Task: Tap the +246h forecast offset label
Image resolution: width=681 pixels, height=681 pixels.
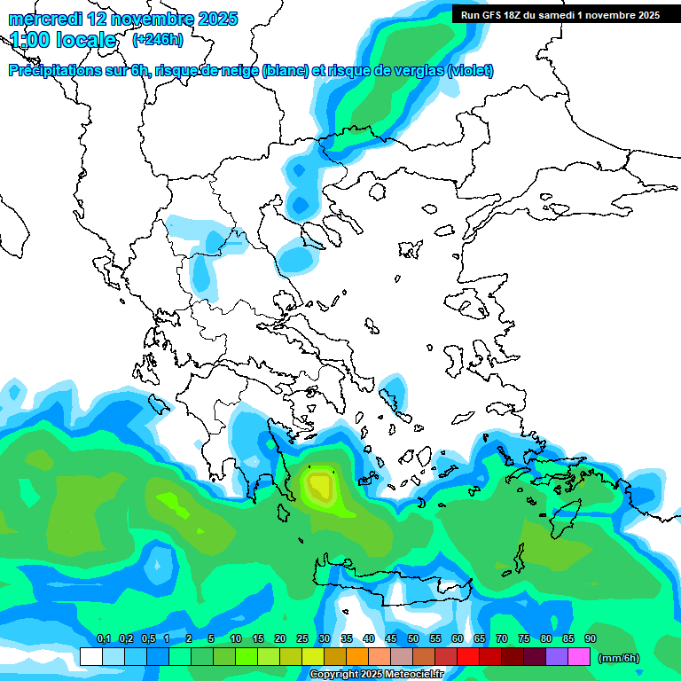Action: [157, 39]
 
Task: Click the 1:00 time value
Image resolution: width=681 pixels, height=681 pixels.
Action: [28, 40]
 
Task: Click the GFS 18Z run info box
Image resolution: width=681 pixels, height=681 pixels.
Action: [560, 14]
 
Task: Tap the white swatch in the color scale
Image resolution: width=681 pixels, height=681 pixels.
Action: [90, 657]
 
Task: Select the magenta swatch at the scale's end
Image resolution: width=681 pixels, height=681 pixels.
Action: [579, 657]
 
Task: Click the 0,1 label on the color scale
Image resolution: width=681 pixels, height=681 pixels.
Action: [103, 639]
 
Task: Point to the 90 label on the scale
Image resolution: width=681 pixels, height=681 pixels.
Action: [591, 639]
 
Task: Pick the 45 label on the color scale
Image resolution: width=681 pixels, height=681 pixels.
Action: [391, 639]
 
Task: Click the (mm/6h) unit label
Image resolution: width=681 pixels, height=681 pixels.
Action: [619, 658]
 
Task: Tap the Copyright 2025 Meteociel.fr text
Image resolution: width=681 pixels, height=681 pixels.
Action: [376, 675]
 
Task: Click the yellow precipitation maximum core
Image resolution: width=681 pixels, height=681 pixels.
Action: [318, 486]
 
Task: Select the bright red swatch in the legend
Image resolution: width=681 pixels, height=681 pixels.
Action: [468, 657]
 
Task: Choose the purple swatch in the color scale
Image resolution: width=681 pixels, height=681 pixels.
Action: [557, 657]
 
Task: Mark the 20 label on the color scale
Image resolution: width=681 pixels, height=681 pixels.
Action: [280, 639]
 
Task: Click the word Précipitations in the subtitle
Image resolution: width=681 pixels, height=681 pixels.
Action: [55, 71]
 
